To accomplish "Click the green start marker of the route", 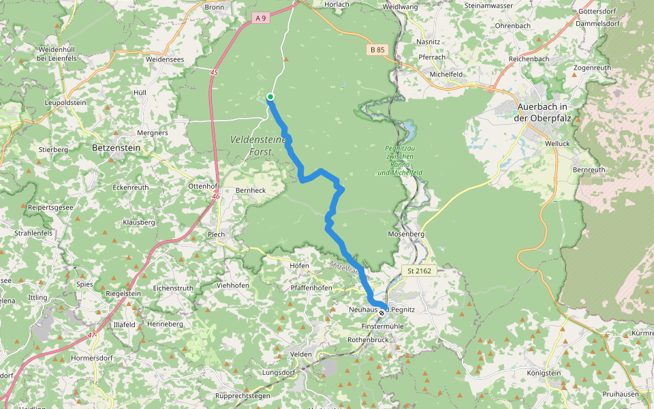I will (x=270, y=97).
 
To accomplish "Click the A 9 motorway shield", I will (x=260, y=18).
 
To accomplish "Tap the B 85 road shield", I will (x=377, y=50).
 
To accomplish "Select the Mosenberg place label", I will (x=406, y=234).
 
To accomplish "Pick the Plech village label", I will (x=216, y=234).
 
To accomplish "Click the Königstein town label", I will (x=544, y=373).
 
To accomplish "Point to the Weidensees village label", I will (x=165, y=59).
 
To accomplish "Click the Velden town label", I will (x=300, y=354).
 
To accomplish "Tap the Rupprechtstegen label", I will (x=243, y=395).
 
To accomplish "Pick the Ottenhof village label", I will (x=202, y=186).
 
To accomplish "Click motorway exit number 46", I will (x=215, y=196).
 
